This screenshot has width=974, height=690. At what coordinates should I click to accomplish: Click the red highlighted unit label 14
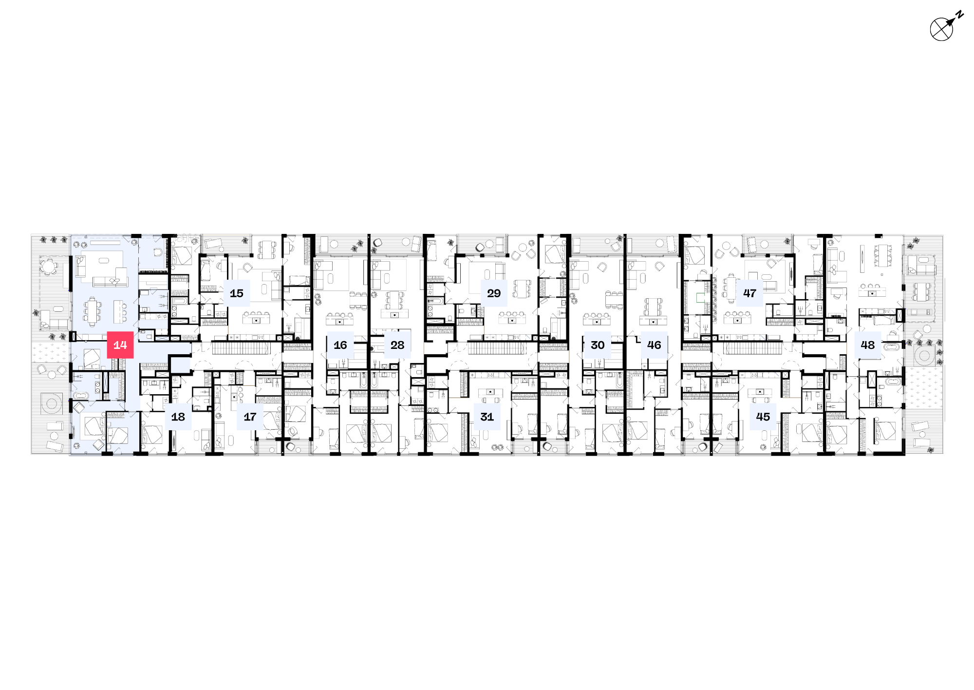pyautogui.click(x=120, y=345)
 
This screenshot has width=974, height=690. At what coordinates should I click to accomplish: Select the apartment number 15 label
pyautogui.click(x=237, y=293)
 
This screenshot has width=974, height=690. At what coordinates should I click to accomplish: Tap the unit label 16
pyautogui.click(x=340, y=345)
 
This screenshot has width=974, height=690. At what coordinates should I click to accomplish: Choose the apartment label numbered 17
pyautogui.click(x=250, y=417)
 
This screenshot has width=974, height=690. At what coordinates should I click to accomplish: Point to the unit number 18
pyautogui.click(x=178, y=417)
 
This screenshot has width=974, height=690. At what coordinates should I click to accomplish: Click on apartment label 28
pyautogui.click(x=397, y=345)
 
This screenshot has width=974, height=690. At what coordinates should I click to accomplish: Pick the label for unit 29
pyautogui.click(x=494, y=293)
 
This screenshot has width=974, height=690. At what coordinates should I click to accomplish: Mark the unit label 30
pyautogui.click(x=598, y=345)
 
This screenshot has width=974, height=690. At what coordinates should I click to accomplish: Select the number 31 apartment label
pyautogui.click(x=487, y=417)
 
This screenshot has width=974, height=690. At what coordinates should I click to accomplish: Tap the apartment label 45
pyautogui.click(x=763, y=417)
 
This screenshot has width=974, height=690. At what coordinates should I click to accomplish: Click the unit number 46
pyautogui.click(x=654, y=345)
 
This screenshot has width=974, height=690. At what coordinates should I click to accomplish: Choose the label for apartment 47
pyautogui.click(x=749, y=293)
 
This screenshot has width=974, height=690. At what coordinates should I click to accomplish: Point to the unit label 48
pyautogui.click(x=868, y=345)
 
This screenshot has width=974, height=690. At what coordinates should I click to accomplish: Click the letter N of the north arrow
pyautogui.click(x=959, y=15)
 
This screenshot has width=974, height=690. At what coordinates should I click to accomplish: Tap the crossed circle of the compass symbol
pyautogui.click(x=941, y=30)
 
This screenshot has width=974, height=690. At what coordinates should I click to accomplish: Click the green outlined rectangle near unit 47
pyautogui.click(x=700, y=297)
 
